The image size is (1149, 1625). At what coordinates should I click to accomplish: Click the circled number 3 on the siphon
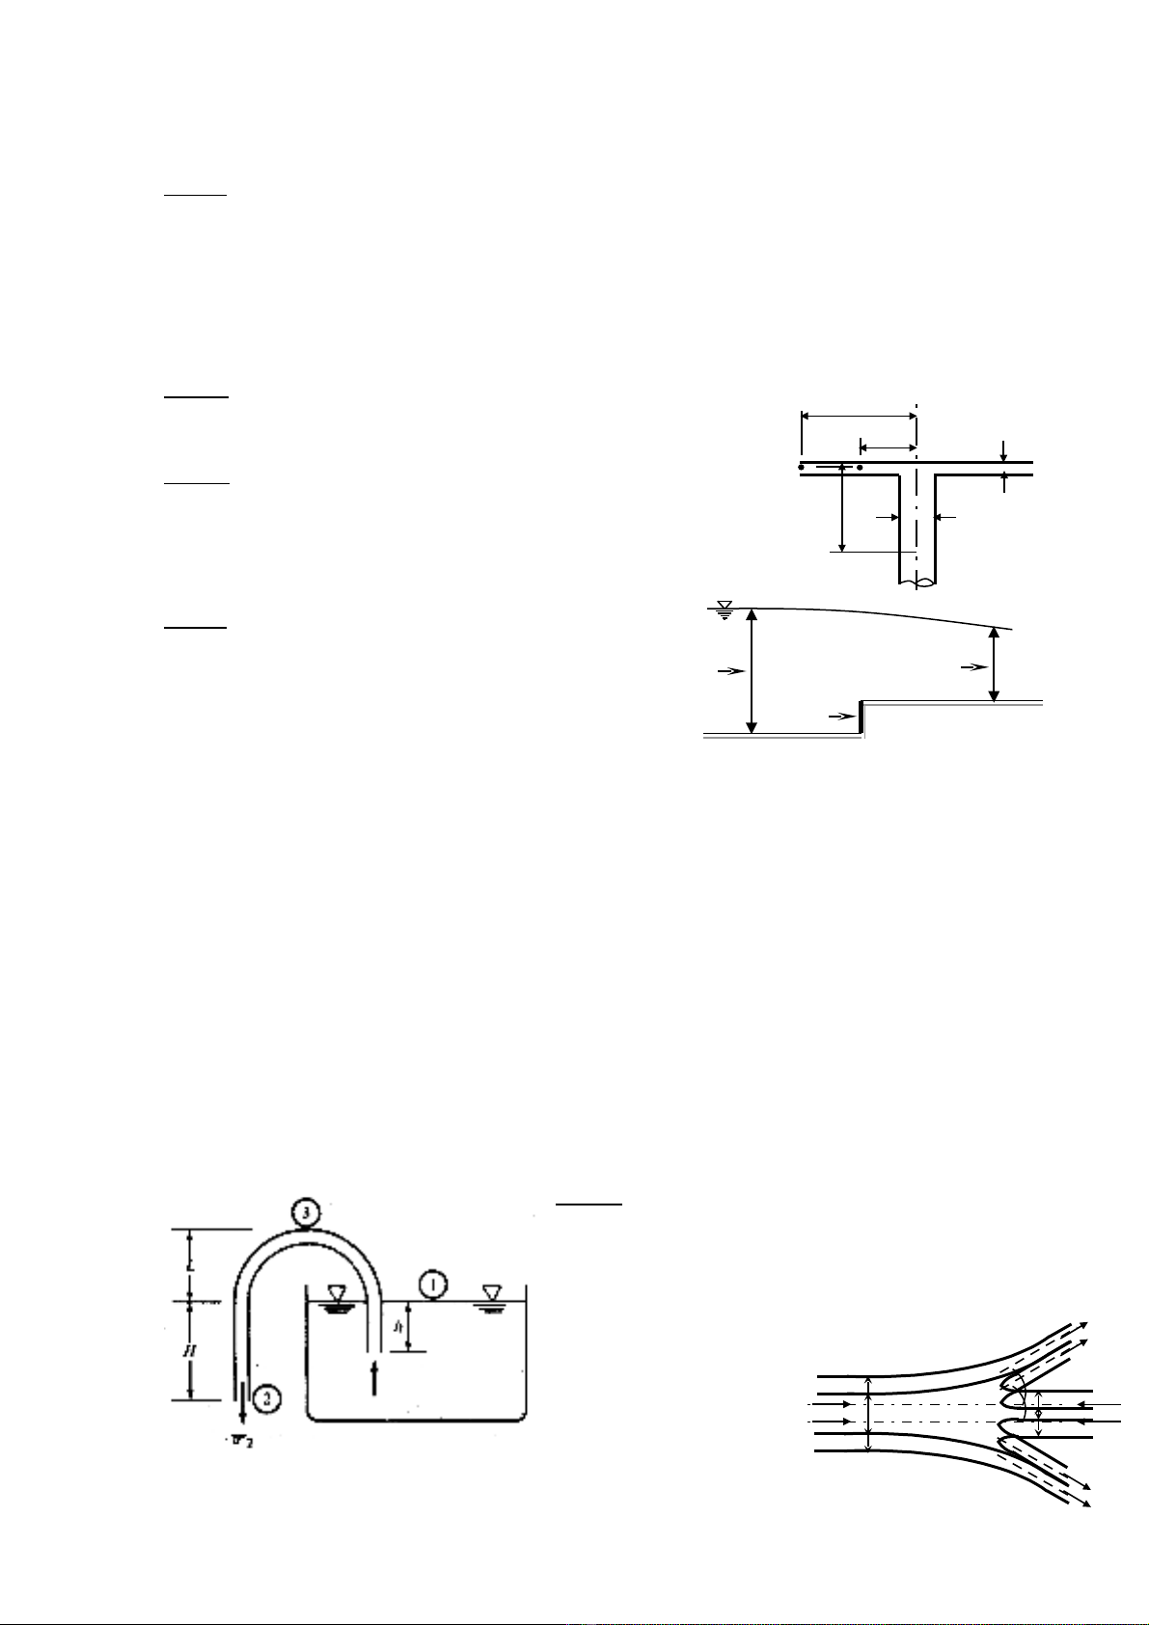(x=304, y=1213)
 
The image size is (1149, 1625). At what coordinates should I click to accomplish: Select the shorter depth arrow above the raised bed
(x=994, y=665)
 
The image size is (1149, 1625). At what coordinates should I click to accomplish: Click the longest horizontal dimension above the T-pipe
(x=859, y=416)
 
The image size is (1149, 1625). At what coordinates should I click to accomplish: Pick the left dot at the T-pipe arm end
(x=801, y=467)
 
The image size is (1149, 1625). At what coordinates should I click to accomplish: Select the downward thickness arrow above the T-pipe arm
(x=1004, y=450)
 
